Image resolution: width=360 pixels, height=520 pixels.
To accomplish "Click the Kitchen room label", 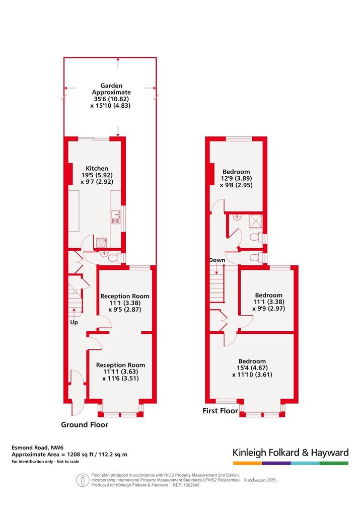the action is point(97,168).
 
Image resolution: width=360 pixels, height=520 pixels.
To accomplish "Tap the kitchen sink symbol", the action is point(116,217).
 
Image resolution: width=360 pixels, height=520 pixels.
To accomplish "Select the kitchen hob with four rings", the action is point(101,243).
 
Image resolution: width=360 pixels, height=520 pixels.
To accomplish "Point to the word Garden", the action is point(111,86).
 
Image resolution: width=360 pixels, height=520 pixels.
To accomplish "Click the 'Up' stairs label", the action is point(74,322).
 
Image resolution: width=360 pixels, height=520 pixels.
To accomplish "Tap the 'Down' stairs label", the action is point(218,260).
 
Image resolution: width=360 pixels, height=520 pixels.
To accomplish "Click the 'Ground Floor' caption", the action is point(85,424).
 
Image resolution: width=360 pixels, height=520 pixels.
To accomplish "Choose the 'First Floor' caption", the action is point(221,411).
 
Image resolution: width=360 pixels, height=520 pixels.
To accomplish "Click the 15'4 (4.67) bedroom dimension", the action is point(252,368).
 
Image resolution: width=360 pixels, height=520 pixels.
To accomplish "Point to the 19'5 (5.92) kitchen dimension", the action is point(97,175).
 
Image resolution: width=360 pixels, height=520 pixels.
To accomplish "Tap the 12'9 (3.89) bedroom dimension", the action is point(236,178).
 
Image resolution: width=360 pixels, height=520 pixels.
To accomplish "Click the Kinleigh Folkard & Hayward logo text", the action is point(291,453).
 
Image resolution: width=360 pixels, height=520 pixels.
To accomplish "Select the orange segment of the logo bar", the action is point(247,463).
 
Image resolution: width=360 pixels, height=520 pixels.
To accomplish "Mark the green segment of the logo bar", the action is point(334,463).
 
